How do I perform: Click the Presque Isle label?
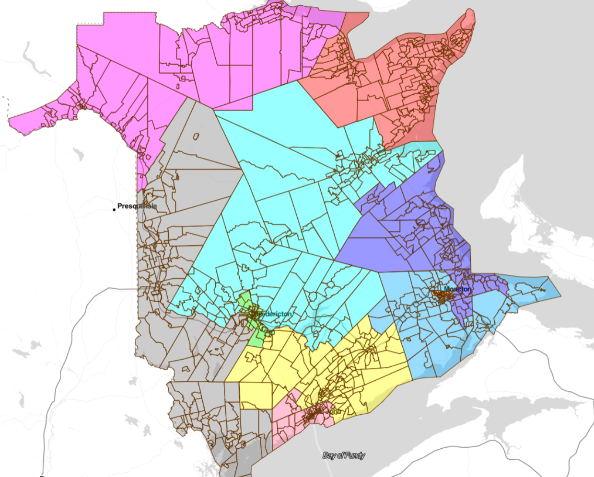click(x=137, y=206)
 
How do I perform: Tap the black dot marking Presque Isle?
click(x=114, y=209)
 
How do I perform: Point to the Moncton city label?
click(x=457, y=289)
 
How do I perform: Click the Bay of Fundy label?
click(x=344, y=455)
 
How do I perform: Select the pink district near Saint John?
click(x=288, y=421)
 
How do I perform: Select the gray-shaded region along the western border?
click(x=192, y=192)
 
